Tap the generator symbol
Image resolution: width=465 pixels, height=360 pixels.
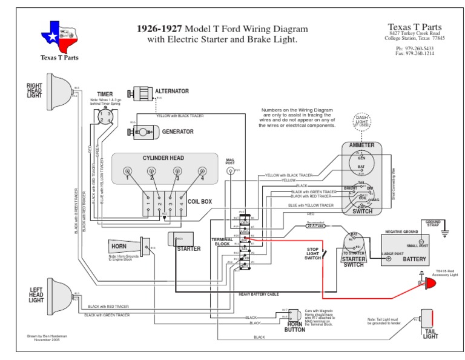[145, 131]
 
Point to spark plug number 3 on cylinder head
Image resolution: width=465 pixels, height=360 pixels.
[177, 171]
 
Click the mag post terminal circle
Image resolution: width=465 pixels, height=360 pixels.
[230, 171]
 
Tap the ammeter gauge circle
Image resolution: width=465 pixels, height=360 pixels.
[361, 161]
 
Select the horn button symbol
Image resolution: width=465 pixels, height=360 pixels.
[295, 316]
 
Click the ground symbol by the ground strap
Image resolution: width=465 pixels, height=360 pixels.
[444, 233]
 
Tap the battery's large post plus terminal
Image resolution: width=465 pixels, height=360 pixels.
[389, 259]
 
